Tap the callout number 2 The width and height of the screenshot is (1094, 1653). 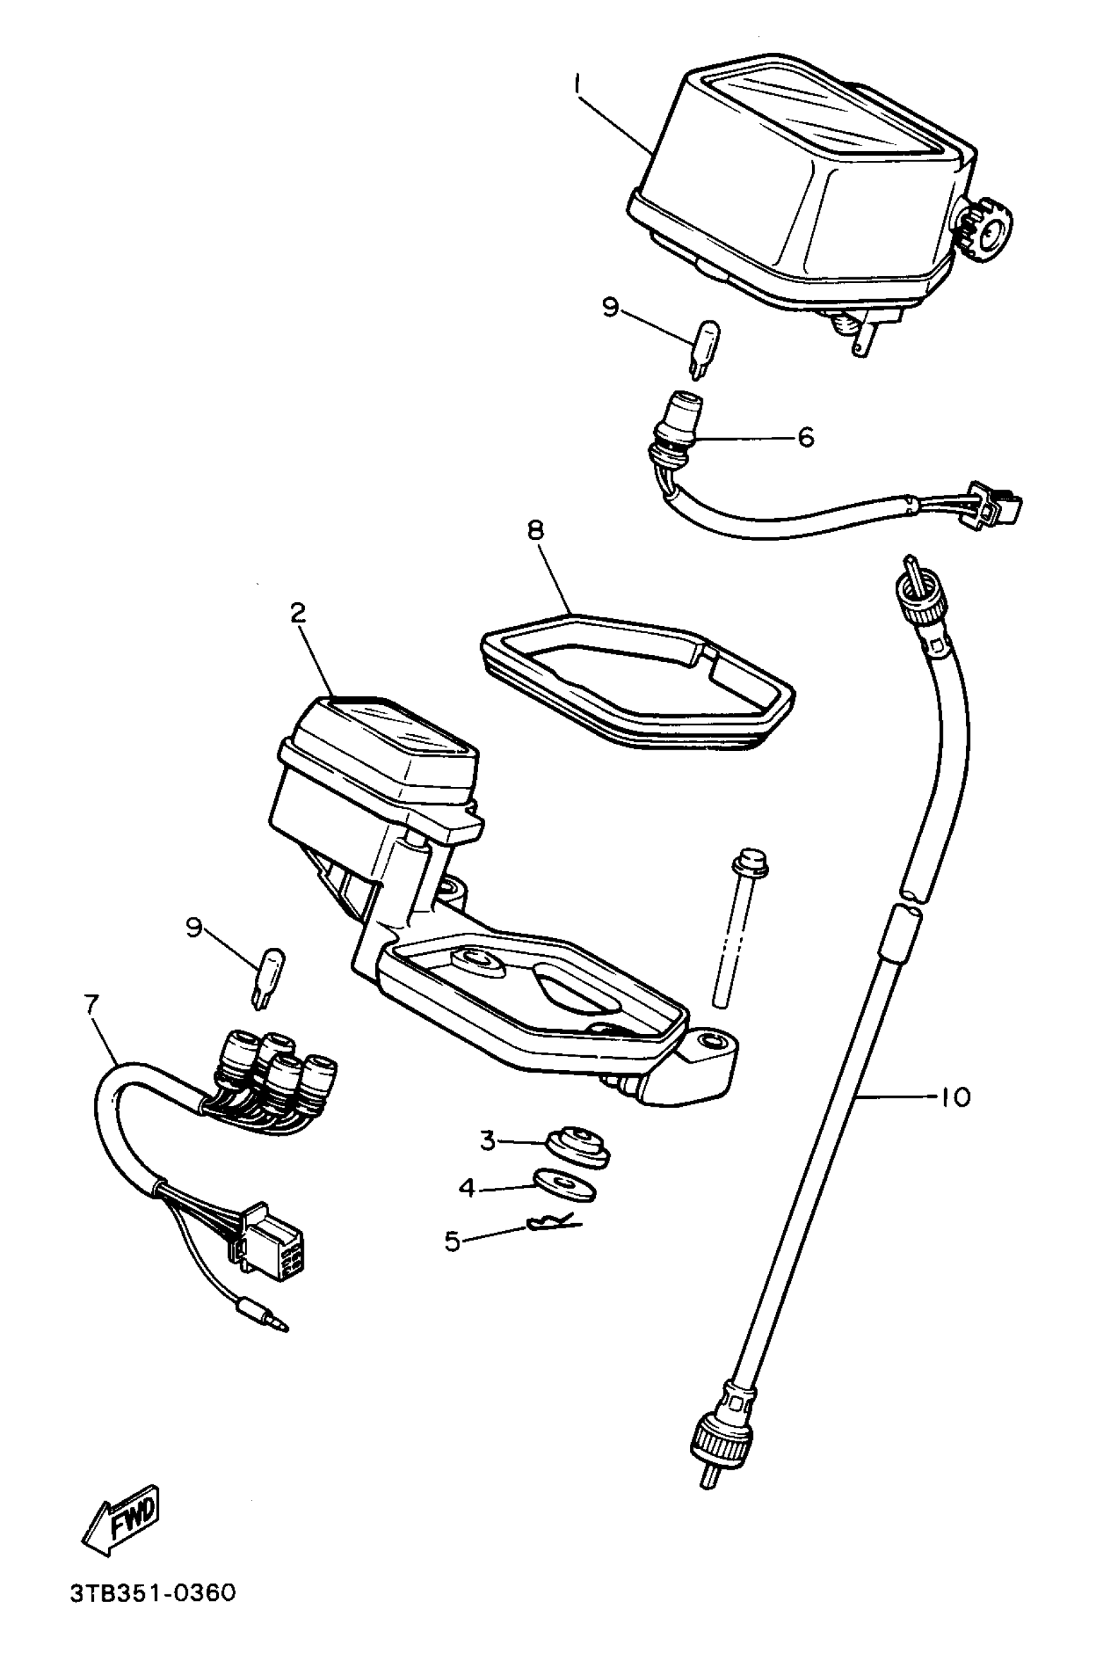[x=298, y=614]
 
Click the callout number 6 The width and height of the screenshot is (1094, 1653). [x=806, y=438]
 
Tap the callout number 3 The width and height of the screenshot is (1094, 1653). [x=487, y=1141]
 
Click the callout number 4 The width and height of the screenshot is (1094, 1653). [x=467, y=1187]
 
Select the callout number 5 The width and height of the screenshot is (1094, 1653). [x=453, y=1241]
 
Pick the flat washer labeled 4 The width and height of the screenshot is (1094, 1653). [x=564, y=1185]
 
